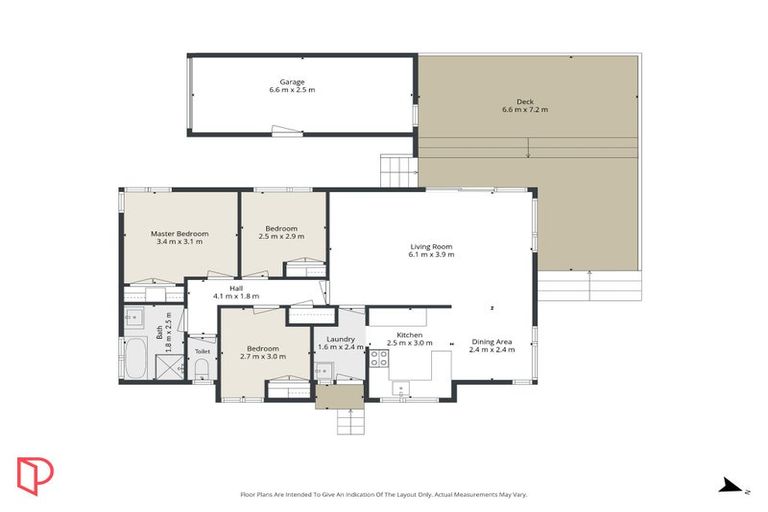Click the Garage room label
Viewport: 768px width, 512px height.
click(x=292, y=81)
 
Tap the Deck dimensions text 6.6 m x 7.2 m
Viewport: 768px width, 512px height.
click(x=525, y=110)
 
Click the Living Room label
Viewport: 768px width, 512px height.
click(x=431, y=246)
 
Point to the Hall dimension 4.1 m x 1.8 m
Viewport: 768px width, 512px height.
click(x=236, y=296)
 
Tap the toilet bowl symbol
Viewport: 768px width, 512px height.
click(x=200, y=371)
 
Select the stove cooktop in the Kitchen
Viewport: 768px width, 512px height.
click(x=380, y=357)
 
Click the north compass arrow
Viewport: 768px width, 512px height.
click(x=732, y=487)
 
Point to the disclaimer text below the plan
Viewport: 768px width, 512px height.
click(x=383, y=494)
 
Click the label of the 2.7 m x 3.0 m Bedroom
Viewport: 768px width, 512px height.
click(x=263, y=349)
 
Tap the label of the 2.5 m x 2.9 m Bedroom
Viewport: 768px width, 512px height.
click(x=280, y=229)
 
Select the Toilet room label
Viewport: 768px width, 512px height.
click(x=202, y=352)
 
